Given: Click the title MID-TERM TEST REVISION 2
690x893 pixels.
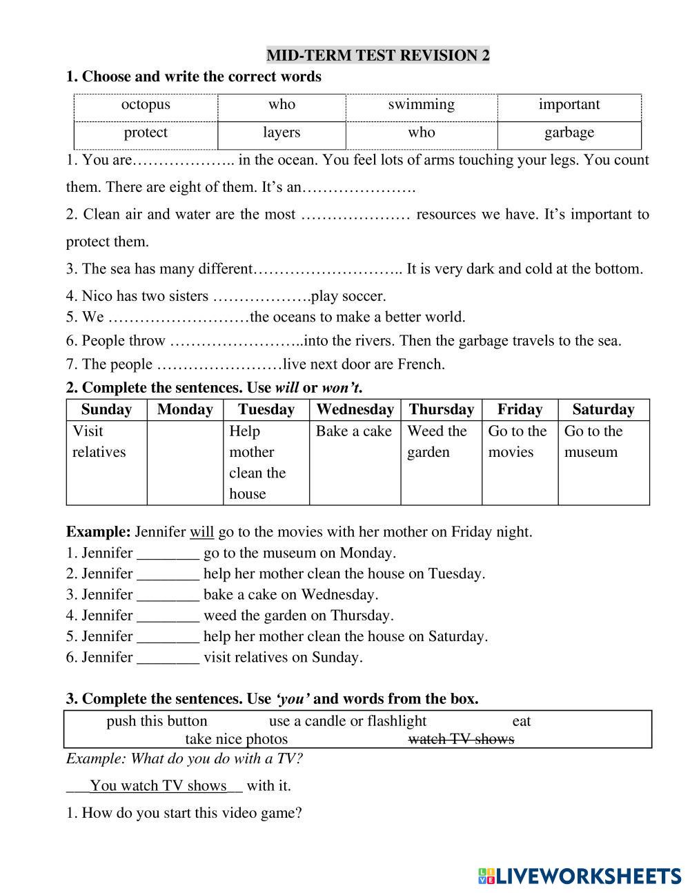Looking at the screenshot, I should (x=377, y=55).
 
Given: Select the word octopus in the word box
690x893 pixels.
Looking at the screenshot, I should (x=146, y=105).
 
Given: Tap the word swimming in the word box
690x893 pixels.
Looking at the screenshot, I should (x=421, y=105).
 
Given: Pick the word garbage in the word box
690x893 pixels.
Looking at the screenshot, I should (x=569, y=133).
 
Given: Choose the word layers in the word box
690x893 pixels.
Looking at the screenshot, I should (x=282, y=133).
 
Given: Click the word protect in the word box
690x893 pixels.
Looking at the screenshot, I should (x=146, y=133).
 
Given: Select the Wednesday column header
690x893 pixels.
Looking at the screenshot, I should (x=355, y=409).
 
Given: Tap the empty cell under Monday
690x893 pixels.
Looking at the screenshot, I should (x=184, y=462).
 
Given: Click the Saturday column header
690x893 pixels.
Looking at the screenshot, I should (x=603, y=409).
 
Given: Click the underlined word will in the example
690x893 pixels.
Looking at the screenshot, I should (x=201, y=532).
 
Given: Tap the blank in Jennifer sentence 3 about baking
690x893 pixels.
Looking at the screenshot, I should (x=168, y=595).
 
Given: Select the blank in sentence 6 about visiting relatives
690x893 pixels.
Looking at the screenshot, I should (x=168, y=658).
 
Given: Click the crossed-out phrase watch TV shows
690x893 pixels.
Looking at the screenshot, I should (x=461, y=739).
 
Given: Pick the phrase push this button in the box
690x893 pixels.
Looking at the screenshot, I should (x=157, y=721).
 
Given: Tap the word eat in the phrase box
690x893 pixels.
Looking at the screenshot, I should (x=521, y=721).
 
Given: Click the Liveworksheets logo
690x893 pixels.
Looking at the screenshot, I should (x=579, y=876).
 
